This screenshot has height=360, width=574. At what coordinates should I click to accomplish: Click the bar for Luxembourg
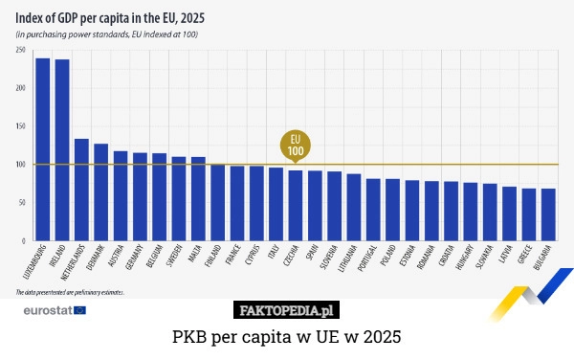pos(43,149)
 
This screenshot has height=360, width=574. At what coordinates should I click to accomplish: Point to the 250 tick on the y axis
pos(21,50)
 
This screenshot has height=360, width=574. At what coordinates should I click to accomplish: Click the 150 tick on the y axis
pos(21,126)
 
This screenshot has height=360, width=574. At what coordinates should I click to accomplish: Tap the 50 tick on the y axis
pos(21,203)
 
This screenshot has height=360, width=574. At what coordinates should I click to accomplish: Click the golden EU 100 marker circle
pos(296,146)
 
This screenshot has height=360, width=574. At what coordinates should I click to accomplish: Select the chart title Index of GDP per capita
pos(110,17)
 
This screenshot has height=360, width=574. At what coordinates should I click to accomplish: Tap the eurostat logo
pos(54,310)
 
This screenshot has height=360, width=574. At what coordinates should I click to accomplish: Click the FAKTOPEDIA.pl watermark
pos(286,310)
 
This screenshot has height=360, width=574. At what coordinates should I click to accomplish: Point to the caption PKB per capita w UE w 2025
pos(286,338)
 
